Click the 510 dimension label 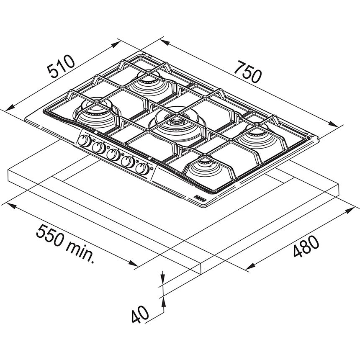[61, 66]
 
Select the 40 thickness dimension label [140, 314]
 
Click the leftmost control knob [84, 141]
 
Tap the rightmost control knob [142, 169]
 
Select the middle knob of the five [113, 155]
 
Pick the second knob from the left [99, 148]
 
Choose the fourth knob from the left [128, 162]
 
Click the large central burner [176, 125]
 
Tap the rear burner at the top [150, 84]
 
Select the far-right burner [257, 136]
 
